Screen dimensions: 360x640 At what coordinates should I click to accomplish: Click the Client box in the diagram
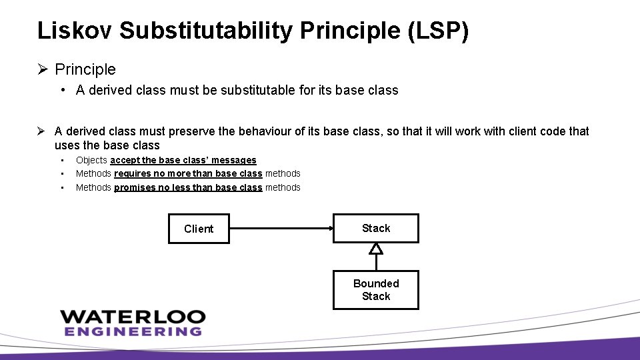(x=199, y=229)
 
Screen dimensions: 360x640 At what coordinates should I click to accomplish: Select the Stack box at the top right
(x=376, y=228)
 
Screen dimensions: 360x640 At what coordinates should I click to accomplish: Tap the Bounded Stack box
(x=376, y=290)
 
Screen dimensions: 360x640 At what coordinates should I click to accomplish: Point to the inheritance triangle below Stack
(x=376, y=249)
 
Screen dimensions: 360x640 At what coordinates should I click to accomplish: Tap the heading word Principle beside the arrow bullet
(x=85, y=69)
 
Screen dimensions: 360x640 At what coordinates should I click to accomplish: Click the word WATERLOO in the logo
(x=133, y=317)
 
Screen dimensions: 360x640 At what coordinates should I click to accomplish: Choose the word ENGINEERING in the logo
(x=133, y=331)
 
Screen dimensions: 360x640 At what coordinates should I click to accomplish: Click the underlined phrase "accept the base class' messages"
(x=183, y=160)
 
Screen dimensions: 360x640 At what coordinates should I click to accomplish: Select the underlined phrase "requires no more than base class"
(x=188, y=173)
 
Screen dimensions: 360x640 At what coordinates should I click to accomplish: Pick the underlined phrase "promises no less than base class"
(x=188, y=187)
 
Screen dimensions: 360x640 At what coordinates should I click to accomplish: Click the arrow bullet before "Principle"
(x=43, y=69)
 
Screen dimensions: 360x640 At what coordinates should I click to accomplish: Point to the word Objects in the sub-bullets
(x=91, y=160)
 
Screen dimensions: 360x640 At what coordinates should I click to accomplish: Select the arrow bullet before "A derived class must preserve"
(x=43, y=131)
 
